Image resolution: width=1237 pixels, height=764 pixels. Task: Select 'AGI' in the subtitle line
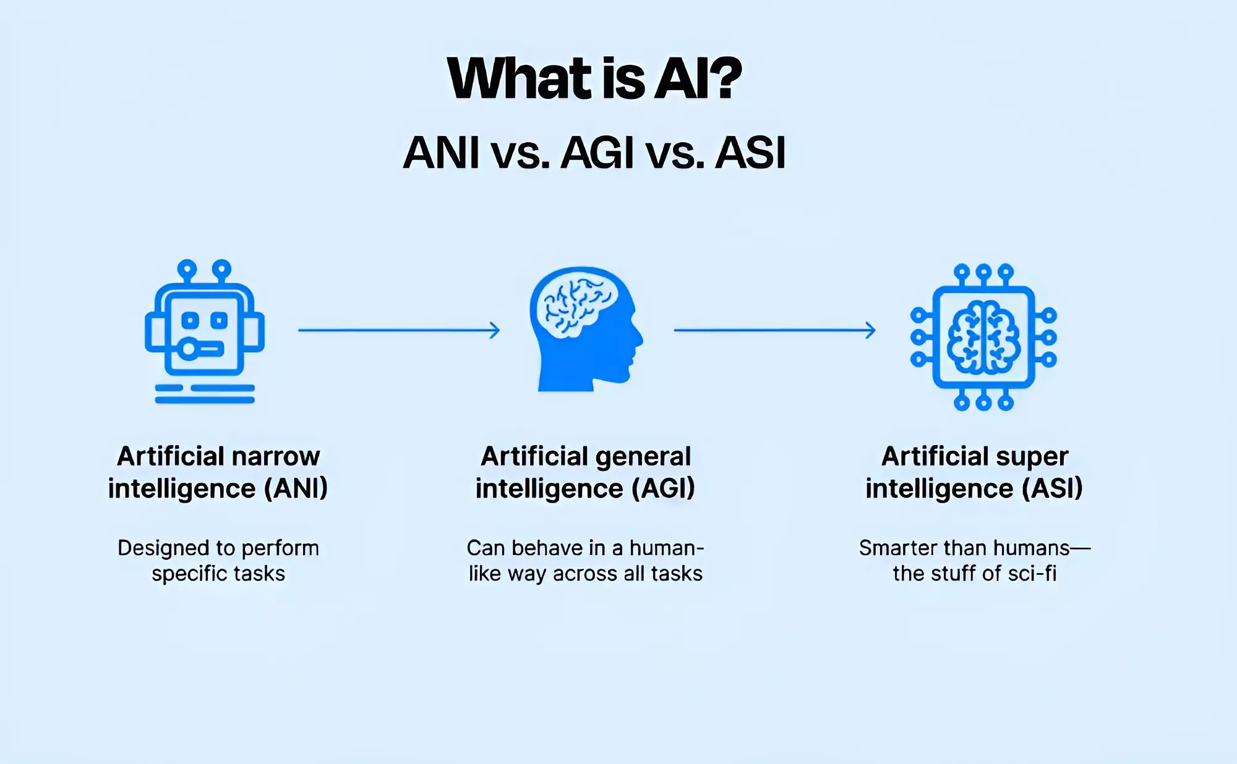[597, 153]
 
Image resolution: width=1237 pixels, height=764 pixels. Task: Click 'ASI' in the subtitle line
[750, 153]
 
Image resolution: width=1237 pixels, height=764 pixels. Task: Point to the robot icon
[205, 331]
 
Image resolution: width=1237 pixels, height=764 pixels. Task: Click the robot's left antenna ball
[187, 270]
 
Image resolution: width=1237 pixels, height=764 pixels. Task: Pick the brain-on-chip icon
[983, 337]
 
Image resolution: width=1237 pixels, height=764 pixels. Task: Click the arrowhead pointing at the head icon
[495, 330]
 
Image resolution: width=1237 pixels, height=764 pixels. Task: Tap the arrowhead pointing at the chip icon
[871, 330]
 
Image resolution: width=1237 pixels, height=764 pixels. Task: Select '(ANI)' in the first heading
[296, 488]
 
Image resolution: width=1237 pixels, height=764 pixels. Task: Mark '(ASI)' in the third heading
[1052, 488]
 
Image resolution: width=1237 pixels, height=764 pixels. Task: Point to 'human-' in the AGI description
[667, 548]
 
